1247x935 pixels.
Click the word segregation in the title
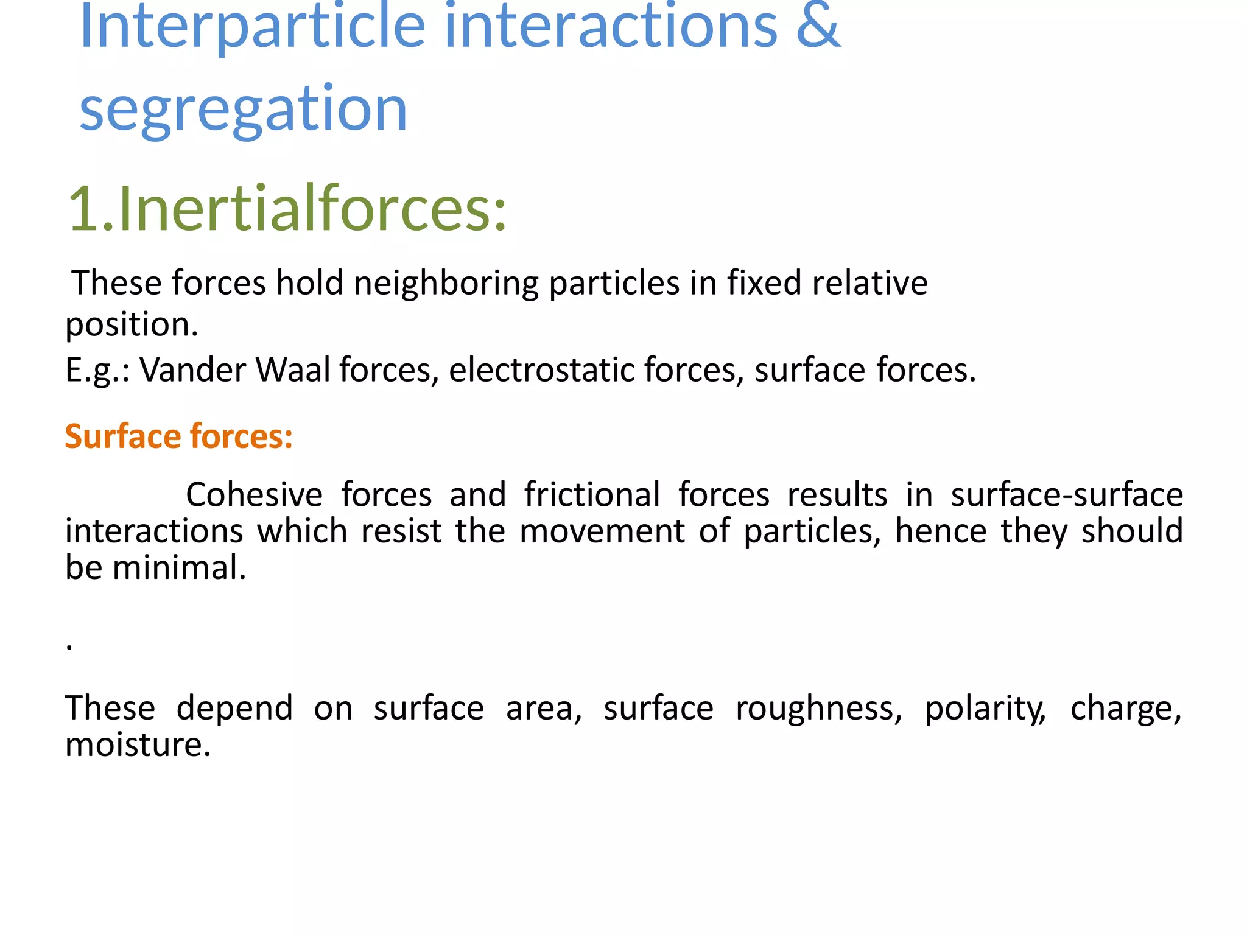(243, 109)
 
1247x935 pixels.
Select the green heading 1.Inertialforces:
(287, 209)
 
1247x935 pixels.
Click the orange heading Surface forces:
(178, 436)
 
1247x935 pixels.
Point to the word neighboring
(446, 284)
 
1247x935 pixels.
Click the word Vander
(192, 370)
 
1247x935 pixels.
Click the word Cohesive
(254, 494)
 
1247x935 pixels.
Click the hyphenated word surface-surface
(1066, 494)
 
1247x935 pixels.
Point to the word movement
(602, 531)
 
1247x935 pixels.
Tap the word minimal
(179, 568)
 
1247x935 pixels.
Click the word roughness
(818, 709)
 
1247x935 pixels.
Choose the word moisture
(138, 745)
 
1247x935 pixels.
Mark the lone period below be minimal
(70, 648)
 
